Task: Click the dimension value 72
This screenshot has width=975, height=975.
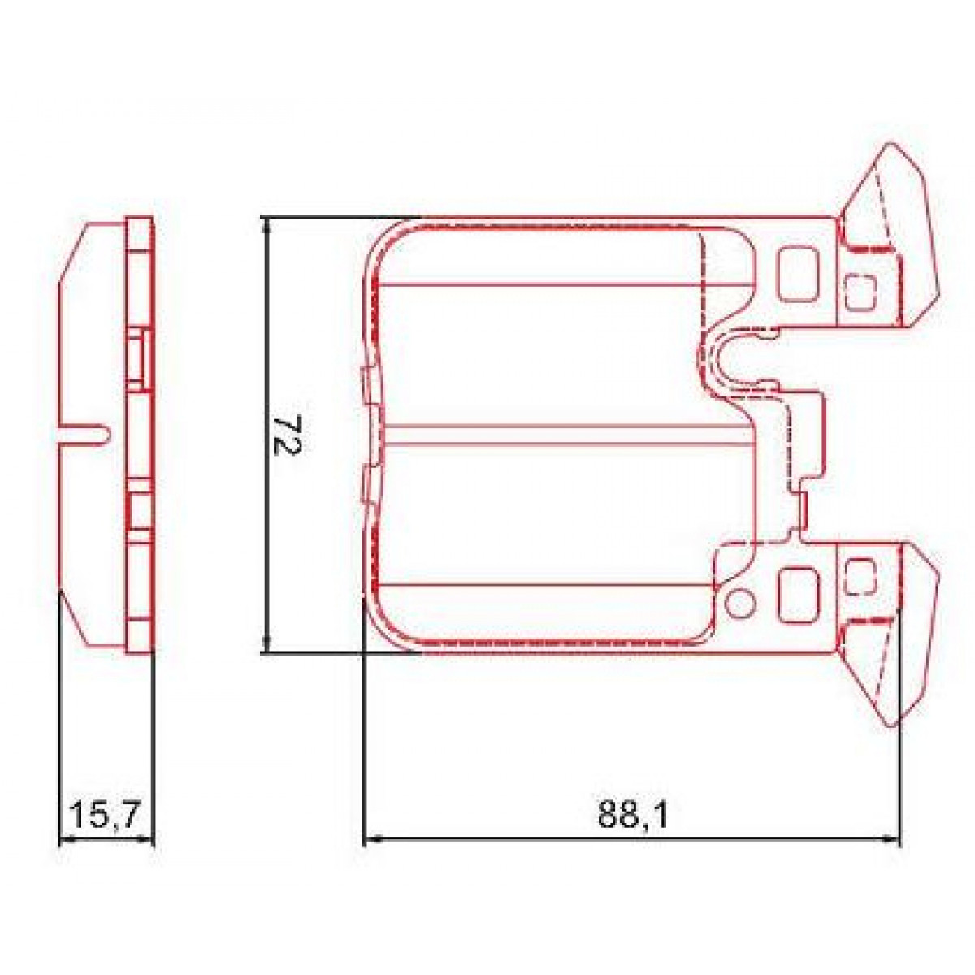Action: (285, 435)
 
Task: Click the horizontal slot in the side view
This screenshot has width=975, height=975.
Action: (85, 434)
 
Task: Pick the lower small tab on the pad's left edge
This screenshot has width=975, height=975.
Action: (365, 485)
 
